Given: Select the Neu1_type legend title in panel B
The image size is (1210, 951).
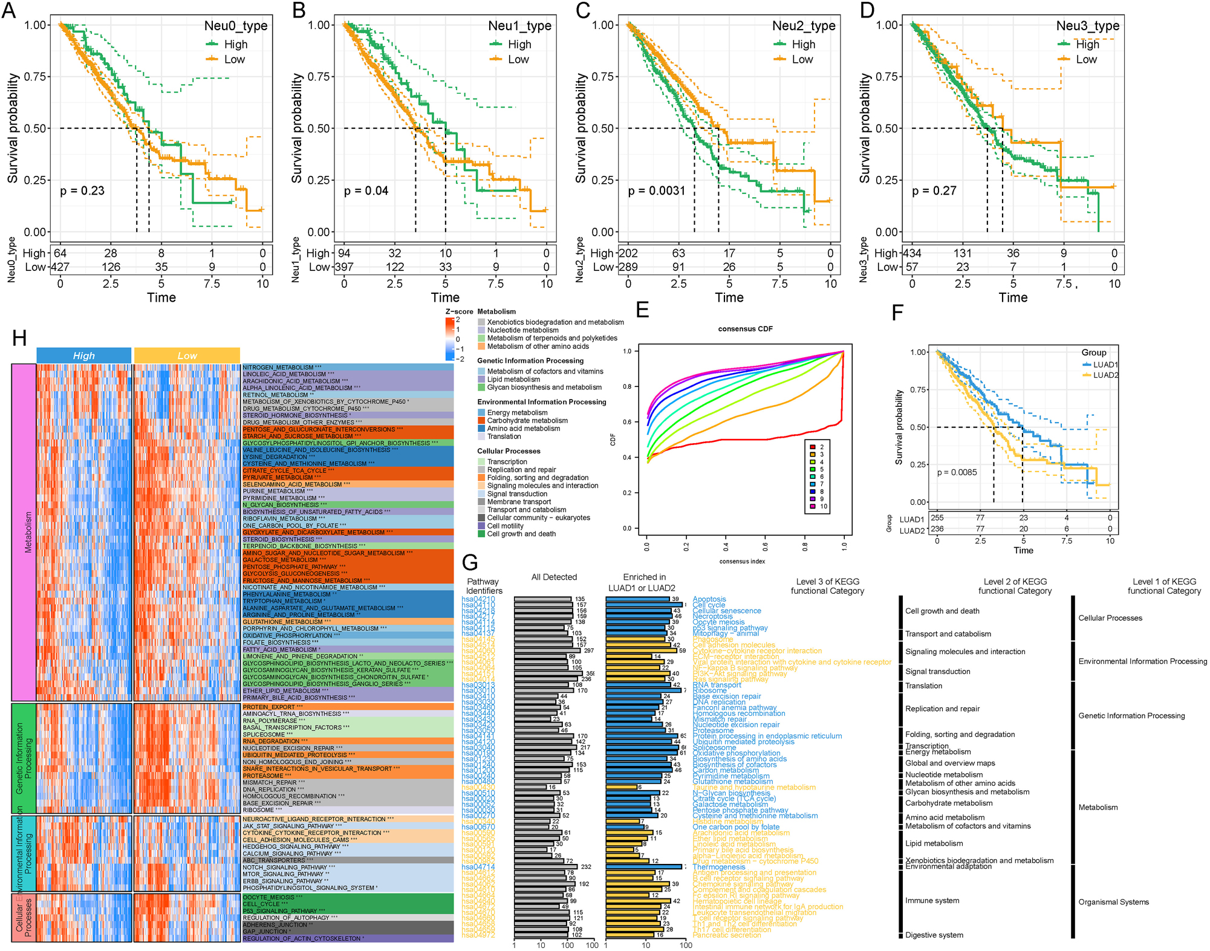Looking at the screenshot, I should [x=519, y=26].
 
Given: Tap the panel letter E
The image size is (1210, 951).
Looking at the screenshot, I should [x=642, y=310].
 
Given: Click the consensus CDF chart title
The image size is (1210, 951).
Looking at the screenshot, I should [x=745, y=329].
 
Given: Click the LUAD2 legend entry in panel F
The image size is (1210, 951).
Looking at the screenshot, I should [x=1105, y=375].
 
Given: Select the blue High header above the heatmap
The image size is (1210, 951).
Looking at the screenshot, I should [x=83, y=355].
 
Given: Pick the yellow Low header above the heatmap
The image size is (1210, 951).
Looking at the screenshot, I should [x=187, y=355].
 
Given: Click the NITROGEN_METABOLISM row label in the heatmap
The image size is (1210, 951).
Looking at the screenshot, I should [x=279, y=368].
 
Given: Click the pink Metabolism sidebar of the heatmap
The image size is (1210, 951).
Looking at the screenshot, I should [x=24, y=532].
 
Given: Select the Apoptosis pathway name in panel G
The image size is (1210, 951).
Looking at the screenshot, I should [x=709, y=599].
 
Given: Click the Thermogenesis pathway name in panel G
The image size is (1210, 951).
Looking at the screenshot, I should [x=719, y=867].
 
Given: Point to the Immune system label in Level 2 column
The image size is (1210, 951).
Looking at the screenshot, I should [x=932, y=901].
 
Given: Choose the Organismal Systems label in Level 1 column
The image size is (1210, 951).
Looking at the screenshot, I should [x=1113, y=902].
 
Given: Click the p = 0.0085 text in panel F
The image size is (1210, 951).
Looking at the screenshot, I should [x=957, y=472].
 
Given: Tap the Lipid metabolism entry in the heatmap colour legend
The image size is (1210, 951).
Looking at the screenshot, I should [x=513, y=380].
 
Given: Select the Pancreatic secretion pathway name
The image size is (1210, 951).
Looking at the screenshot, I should [x=726, y=935].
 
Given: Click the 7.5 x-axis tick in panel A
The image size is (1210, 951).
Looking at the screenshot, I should [x=212, y=284].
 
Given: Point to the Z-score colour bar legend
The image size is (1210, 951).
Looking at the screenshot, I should [x=450, y=340].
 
